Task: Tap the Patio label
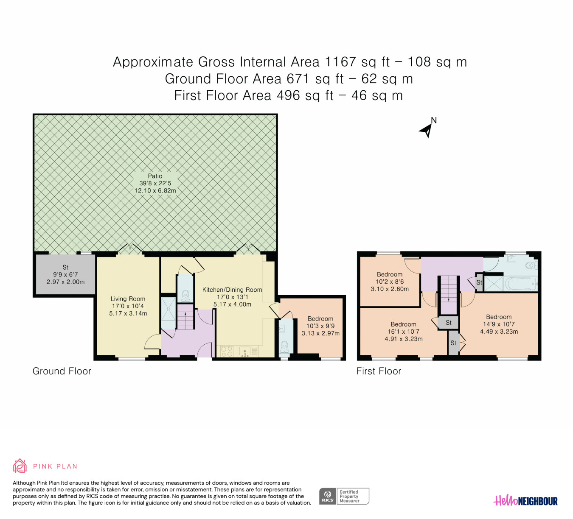(155, 176)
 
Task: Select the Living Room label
(128, 299)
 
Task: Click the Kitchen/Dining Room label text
(232, 290)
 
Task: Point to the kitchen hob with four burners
(227, 352)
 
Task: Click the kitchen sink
(245, 352)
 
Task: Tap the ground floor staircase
(185, 317)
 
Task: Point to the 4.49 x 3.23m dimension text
(499, 332)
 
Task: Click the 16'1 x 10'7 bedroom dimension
(403, 332)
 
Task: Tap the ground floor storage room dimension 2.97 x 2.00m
(66, 282)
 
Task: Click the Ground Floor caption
(62, 371)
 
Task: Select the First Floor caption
(379, 371)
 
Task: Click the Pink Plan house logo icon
(20, 466)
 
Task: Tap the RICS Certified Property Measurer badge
(344, 496)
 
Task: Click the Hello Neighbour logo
(525, 500)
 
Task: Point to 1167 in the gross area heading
(340, 62)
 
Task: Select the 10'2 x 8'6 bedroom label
(390, 282)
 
